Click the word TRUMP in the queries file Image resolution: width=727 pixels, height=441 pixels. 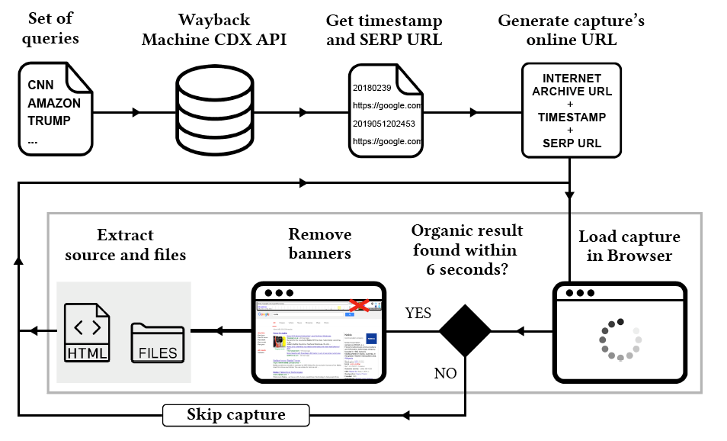(50, 120)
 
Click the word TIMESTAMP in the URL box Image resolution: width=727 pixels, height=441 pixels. (571, 117)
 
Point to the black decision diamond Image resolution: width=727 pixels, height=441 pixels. (465, 331)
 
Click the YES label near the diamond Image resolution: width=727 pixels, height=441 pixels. (418, 314)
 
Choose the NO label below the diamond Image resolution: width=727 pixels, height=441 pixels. (446, 374)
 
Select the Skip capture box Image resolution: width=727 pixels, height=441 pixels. (236, 416)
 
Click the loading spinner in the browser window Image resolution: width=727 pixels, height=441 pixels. (620, 339)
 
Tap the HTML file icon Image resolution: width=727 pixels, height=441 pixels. (87, 333)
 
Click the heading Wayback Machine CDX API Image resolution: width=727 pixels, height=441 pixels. (213, 30)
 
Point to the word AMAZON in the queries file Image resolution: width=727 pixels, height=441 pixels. (54, 102)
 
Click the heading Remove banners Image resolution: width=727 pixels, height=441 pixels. (320, 244)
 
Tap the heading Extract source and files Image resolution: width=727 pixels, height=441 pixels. (125, 244)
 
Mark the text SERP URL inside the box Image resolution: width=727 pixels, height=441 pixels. (571, 143)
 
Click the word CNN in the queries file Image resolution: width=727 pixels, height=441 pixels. (40, 85)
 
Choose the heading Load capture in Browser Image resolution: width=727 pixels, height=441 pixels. (629, 246)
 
